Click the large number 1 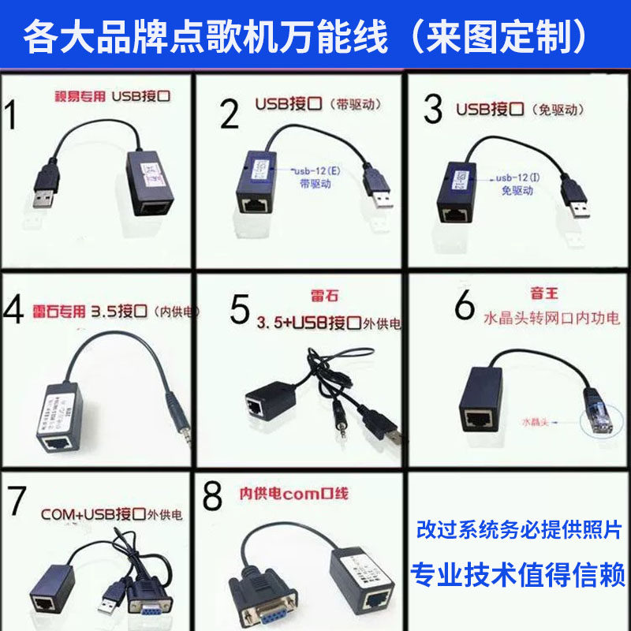(x=12, y=114)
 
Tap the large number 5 (x=240, y=308)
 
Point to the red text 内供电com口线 (x=293, y=495)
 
